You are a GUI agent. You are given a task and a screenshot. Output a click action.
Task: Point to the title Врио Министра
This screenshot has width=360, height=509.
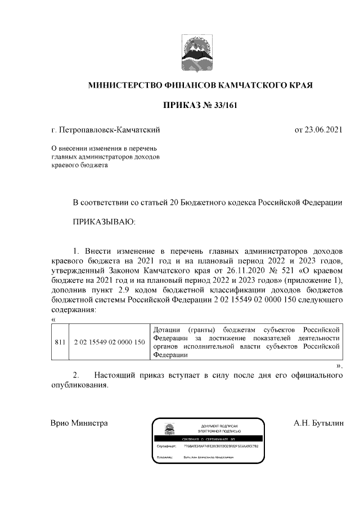tap(79, 423)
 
